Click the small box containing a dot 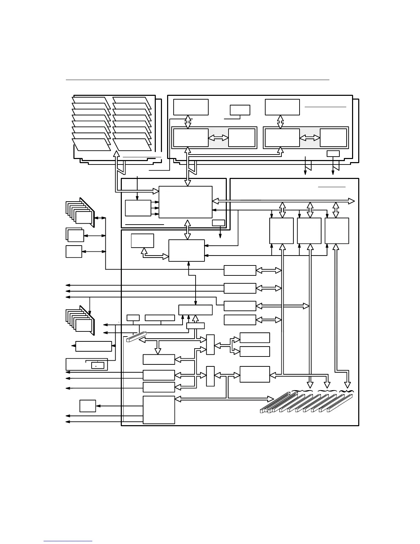coord(97,365)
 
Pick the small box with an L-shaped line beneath coord(240,110)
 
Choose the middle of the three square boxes coord(309,230)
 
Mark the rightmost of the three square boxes coord(337,230)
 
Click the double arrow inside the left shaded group coord(218,138)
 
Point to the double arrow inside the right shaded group coord(310,138)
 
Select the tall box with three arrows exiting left coord(159,410)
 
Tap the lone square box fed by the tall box coord(87,406)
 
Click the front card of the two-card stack coord(76,236)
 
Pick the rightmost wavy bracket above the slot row coord(346,391)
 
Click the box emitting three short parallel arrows coord(138,208)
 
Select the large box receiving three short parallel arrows coord(185,202)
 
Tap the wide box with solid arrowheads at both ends coord(93,346)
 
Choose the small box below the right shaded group coord(333,154)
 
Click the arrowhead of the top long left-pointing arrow coord(67,285)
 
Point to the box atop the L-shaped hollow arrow coord(142,240)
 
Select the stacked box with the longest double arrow coord(240,306)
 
